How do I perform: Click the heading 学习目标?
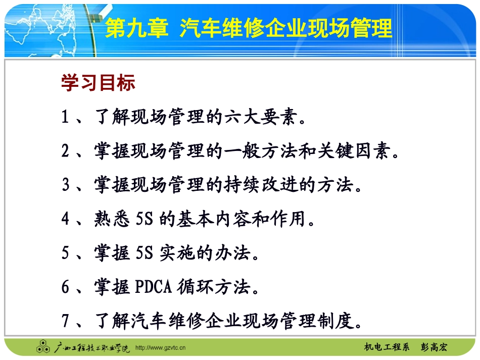(98, 83)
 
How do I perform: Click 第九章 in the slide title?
(136, 29)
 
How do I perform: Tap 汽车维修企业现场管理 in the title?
(286, 29)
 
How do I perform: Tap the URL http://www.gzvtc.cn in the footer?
(161, 348)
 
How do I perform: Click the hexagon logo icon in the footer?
(42, 347)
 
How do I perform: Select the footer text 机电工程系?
(387, 347)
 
